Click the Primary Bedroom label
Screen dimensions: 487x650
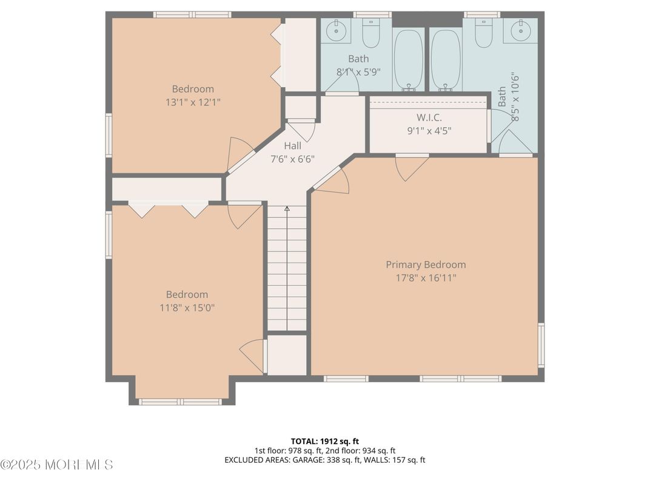tap(426, 265)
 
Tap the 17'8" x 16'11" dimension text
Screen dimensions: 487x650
tap(426, 278)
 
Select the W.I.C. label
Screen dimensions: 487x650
tap(429, 117)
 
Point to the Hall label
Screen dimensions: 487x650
tap(292, 146)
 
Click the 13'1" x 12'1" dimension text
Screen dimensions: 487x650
tap(193, 102)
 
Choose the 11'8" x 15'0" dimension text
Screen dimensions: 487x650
tap(187, 308)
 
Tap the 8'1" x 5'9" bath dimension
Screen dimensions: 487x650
tap(358, 71)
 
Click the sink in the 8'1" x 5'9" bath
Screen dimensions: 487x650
tap(336, 30)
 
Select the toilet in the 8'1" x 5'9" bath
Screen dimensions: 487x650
tap(370, 34)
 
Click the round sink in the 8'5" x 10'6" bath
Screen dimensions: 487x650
tap(519, 30)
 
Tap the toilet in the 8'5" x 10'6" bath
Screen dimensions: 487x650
tap(483, 34)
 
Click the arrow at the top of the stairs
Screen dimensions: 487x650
tap(287, 209)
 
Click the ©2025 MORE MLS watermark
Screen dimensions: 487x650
tap(56, 465)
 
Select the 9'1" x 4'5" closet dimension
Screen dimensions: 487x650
tap(429, 130)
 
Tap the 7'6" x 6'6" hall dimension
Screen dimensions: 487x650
tap(292, 159)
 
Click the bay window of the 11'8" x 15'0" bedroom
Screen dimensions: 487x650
tap(181, 401)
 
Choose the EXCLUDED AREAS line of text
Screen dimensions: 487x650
tap(324, 460)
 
